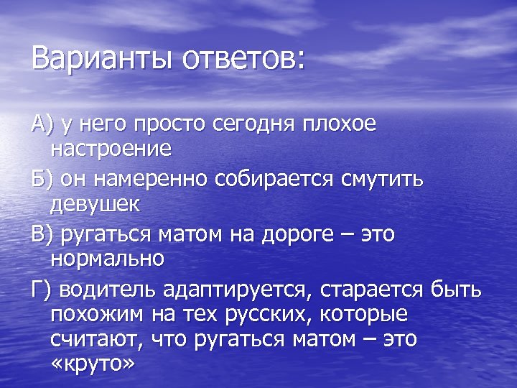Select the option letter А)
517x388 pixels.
(42, 124)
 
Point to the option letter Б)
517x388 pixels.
(42, 178)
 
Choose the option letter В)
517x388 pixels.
(42, 233)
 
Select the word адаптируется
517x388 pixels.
(239, 290)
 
